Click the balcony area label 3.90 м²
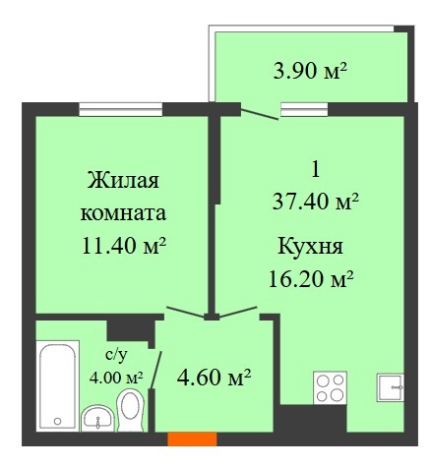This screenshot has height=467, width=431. (310, 71)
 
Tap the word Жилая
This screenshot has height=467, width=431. (123, 181)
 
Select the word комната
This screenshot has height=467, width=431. (123, 213)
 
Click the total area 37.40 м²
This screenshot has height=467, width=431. (315, 201)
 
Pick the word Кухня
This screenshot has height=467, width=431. (310, 246)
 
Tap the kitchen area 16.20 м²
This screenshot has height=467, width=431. (311, 278)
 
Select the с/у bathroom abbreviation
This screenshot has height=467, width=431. (115, 355)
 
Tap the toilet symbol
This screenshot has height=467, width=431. (131, 410)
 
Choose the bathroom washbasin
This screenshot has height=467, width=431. (97, 419)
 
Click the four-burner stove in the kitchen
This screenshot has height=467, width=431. (330, 387)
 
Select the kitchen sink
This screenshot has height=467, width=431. (391, 387)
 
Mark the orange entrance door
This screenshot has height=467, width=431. (192, 439)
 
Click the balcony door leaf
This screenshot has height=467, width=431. (260, 114)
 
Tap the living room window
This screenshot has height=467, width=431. (121, 109)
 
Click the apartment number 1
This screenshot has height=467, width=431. (316, 170)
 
